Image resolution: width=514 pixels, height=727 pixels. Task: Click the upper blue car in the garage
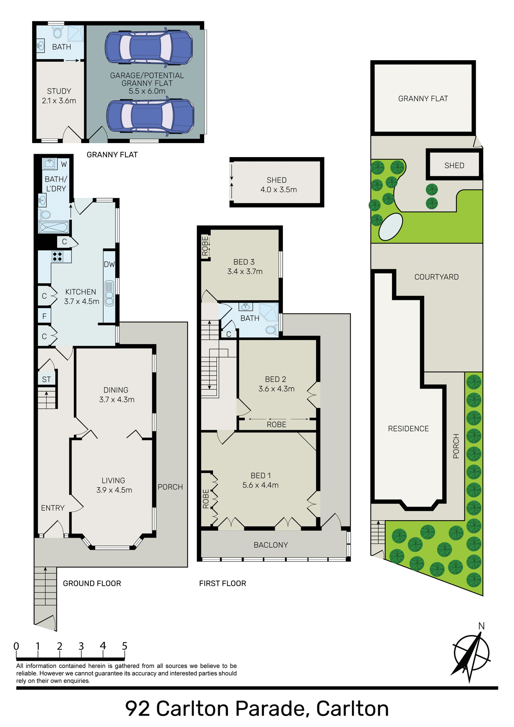149,47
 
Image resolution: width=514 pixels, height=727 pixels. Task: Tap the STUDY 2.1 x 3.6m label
59,96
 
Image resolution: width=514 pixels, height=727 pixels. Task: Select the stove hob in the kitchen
57,256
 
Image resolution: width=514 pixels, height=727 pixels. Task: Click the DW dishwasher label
109,264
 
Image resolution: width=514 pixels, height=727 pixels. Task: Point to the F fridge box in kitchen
44,316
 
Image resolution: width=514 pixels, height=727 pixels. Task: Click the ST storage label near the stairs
46,379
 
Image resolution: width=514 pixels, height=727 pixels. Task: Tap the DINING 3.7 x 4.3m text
116,395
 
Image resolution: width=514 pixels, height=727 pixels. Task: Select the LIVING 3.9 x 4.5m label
114,485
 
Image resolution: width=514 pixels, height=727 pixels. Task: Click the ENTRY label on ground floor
53,508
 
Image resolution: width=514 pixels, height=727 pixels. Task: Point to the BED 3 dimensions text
245,271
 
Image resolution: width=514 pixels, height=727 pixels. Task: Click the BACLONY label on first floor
270,545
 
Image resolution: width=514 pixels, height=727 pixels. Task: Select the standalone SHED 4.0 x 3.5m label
278,185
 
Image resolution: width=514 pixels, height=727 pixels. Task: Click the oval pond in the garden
391,226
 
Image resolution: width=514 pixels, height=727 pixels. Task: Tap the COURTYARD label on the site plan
436,277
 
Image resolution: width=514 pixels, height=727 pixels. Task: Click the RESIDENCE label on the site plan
408,429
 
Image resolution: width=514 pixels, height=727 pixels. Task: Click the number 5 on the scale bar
124,646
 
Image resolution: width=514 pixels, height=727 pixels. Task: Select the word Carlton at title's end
352,708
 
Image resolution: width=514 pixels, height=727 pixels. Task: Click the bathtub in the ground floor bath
53,227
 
